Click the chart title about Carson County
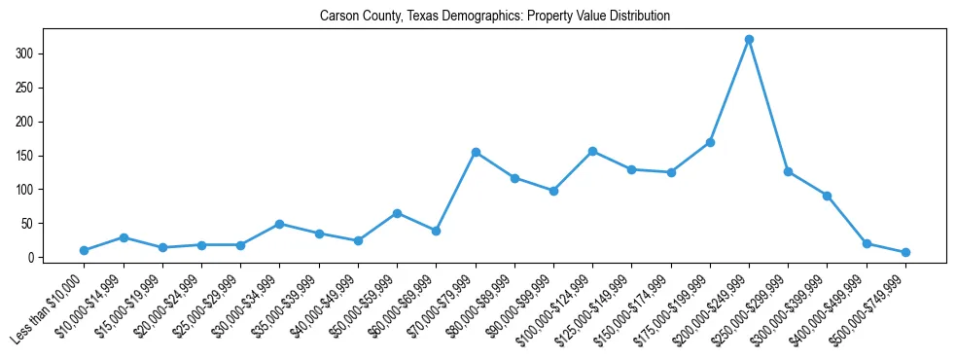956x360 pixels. [494, 17]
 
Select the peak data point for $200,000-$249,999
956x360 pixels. [749, 40]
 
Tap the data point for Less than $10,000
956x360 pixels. [85, 250]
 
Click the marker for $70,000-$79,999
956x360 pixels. [476, 152]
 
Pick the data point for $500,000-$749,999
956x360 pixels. [905, 252]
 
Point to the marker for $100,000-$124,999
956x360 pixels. [592, 151]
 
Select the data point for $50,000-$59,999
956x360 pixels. [397, 213]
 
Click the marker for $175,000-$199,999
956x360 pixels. [710, 142]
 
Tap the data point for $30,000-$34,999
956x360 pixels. [279, 224]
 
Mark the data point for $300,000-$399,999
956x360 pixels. [827, 196]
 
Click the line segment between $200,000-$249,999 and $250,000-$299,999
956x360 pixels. [768, 106]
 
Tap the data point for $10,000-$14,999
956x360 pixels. [124, 237]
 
